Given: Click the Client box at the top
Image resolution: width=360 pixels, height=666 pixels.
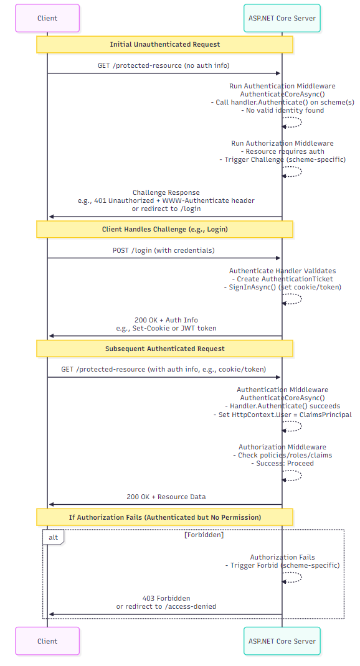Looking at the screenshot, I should [47, 18].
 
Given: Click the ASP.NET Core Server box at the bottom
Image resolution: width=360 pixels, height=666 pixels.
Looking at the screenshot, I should [282, 641].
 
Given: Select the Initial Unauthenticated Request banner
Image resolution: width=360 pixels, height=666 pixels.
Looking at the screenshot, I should [164, 45].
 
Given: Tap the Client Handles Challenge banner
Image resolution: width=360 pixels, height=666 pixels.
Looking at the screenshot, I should [164, 229].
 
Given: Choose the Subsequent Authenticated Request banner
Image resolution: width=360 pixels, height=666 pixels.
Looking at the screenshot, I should [164, 349].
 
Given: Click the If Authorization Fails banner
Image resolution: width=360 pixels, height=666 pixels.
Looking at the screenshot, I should [164, 517].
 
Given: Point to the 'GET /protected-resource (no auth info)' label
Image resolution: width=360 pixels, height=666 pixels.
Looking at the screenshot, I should [164, 65].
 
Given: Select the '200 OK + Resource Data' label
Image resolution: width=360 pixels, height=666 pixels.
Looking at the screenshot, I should [166, 497].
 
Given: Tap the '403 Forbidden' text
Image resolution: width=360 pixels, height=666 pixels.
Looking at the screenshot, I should [166, 598].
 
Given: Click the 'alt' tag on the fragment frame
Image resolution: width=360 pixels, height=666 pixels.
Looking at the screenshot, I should [54, 537].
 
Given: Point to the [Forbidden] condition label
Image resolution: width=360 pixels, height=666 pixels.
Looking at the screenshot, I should [204, 535].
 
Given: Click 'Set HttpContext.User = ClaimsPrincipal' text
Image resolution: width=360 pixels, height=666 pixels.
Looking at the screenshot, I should [282, 415].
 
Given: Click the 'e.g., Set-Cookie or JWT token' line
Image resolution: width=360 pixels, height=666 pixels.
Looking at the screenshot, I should [166, 328].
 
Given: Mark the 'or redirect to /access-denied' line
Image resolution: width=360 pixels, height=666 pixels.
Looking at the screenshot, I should [166, 606].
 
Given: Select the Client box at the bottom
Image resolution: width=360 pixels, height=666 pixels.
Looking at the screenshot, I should [47, 641].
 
